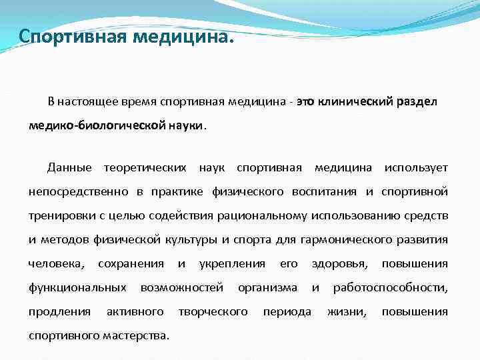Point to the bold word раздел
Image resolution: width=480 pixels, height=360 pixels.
419,102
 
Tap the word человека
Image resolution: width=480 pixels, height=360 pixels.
56,263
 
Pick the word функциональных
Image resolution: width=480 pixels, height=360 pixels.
77,287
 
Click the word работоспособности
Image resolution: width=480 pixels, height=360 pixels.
390,287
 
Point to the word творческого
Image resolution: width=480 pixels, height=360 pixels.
213,311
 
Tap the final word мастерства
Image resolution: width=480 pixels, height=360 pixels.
138,335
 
